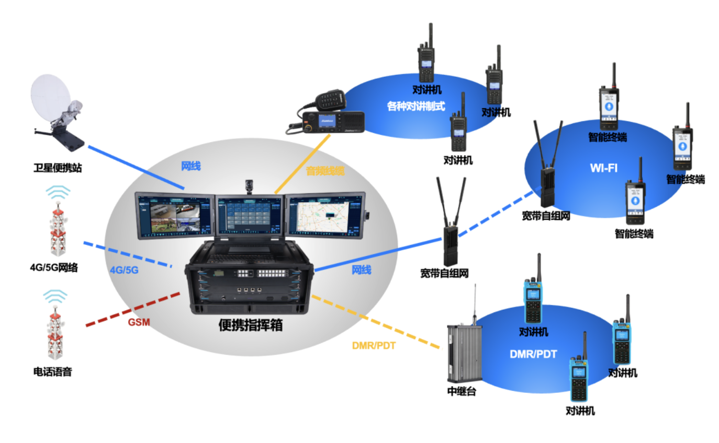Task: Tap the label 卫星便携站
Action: pyautogui.click(x=58, y=168)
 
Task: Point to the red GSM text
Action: pyautogui.click(x=139, y=322)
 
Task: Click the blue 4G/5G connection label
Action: pyautogui.click(x=124, y=270)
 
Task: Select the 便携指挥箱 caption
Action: pyautogui.click(x=251, y=325)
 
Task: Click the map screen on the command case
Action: pyautogui.click(x=324, y=215)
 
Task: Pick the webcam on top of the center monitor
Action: pyautogui.click(x=250, y=185)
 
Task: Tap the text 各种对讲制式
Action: pyautogui.click(x=415, y=106)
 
